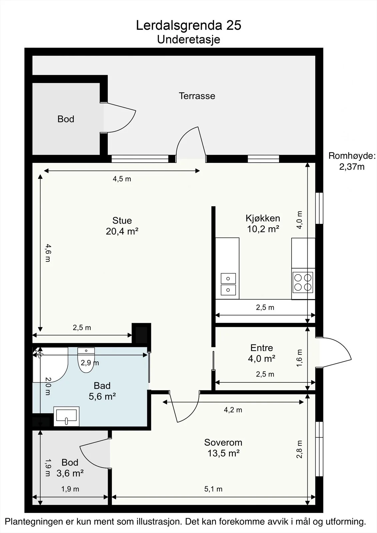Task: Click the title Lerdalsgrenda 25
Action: [188, 25]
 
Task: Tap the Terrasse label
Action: [197, 96]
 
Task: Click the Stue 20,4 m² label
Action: [122, 226]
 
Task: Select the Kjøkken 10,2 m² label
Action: [263, 224]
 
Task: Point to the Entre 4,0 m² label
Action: [261, 353]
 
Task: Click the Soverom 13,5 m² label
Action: [223, 448]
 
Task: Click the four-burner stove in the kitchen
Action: [303, 282]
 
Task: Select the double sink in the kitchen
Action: [228, 284]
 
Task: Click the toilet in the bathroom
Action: [86, 360]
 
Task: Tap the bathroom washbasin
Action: [66, 416]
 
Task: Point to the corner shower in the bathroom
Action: [50, 365]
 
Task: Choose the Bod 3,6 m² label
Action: [70, 468]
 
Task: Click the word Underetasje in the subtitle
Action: [189, 40]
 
